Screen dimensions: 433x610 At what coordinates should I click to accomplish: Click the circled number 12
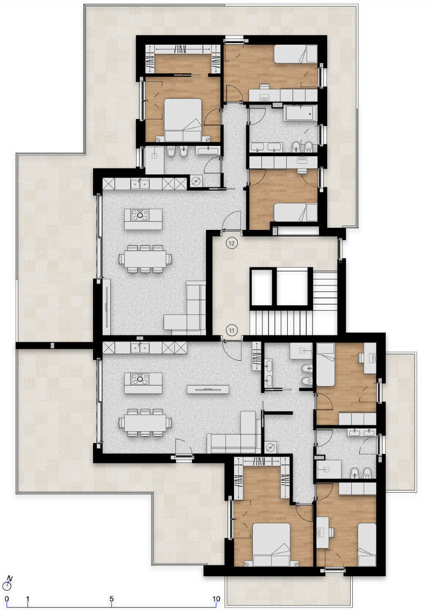232,243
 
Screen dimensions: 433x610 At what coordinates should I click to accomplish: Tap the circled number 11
232,331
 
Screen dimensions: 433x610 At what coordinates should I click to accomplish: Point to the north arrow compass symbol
8,583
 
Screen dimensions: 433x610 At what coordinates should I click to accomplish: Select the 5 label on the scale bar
111,599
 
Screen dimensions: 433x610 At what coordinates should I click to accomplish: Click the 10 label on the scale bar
216,599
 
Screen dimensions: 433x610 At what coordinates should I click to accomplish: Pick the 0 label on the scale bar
7,599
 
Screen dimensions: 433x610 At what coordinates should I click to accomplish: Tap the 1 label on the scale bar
27,599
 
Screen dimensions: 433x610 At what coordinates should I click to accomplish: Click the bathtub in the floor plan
300,113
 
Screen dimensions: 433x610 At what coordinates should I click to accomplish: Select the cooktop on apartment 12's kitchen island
140,215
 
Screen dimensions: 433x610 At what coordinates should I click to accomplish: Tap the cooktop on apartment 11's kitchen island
140,379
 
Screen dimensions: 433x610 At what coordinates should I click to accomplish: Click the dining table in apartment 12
145,259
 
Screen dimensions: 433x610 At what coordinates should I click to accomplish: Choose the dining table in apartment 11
145,423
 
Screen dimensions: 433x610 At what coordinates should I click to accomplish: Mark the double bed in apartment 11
271,545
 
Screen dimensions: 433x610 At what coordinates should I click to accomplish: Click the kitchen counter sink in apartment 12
140,184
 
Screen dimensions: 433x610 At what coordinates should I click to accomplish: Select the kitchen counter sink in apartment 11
140,347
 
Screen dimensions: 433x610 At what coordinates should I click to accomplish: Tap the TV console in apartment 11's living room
208,389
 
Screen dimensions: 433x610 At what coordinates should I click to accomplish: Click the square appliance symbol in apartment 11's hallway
271,447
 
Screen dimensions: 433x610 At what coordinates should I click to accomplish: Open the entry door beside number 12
232,222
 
